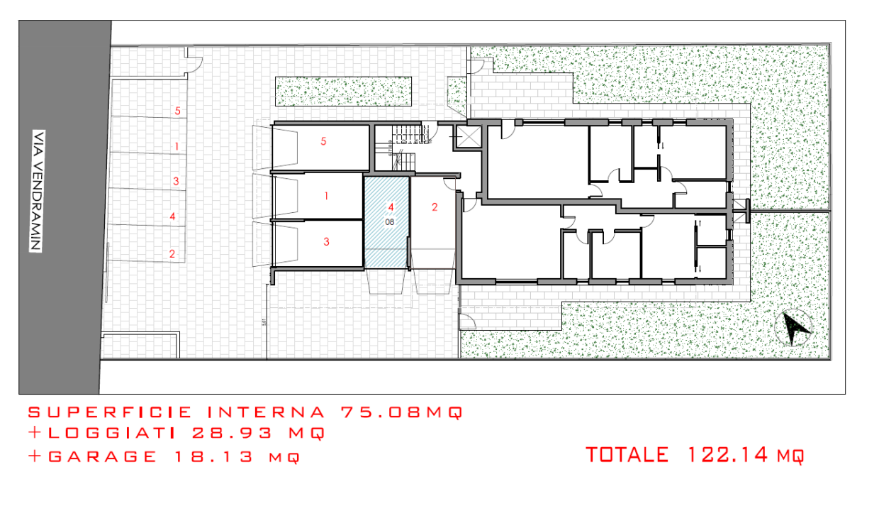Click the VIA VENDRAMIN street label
[x=36, y=191]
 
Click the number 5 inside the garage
[x=323, y=141]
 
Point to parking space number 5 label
[x=177, y=111]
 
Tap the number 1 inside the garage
[x=326, y=195]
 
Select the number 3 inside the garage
[x=326, y=241]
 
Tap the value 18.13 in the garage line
[x=214, y=456]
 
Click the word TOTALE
[x=627, y=454]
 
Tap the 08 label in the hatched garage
[x=389, y=221]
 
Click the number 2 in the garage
[x=435, y=207]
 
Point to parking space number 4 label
[x=172, y=216]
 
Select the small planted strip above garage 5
[x=345, y=92]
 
